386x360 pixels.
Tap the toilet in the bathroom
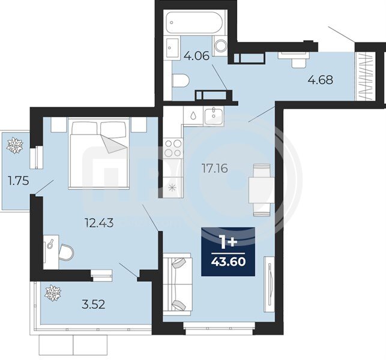coord(181,81)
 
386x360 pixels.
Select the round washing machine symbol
coord(221,46)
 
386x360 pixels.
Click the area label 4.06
coord(196,56)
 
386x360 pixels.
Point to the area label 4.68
coord(321,80)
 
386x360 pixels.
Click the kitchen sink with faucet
coord(214,116)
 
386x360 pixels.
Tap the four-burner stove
coord(173,148)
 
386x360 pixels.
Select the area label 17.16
coord(215,169)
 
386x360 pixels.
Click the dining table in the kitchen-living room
coord(262,190)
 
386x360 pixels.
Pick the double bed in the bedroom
coord(98,153)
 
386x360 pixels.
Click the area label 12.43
coord(99,223)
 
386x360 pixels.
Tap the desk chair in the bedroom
coord(66,252)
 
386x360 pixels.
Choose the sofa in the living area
coord(177,284)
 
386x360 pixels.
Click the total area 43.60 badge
coord(228,251)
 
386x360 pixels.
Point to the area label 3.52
coord(93,304)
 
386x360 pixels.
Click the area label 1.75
coord(19,181)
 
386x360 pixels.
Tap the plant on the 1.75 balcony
coord(15,146)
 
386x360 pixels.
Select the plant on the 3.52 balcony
coord(53,293)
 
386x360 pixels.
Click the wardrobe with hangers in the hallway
coord(365,76)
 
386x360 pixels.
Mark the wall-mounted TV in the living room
coord(270,284)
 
